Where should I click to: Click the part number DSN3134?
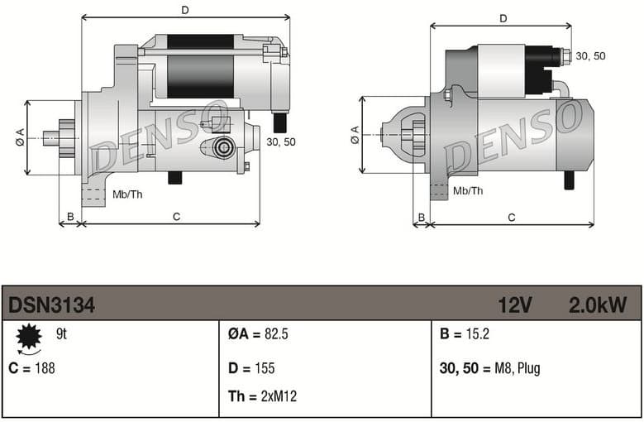[51, 305]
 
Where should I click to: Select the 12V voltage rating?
[514, 305]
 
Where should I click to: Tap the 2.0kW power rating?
[597, 305]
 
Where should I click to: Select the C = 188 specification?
[32, 368]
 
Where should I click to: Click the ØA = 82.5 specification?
[257, 335]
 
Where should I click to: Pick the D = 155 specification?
[251, 368]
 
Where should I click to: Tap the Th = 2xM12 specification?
[262, 396]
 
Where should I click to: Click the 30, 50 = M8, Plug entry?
[489, 368]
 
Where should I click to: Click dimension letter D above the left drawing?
[185, 10]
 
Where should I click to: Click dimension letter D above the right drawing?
[503, 18]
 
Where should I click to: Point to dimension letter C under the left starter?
[176, 217]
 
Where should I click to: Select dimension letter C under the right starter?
[512, 218]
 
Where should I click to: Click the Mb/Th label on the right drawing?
[468, 190]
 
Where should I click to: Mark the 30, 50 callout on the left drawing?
[281, 142]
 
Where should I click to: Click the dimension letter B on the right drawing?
[421, 218]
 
